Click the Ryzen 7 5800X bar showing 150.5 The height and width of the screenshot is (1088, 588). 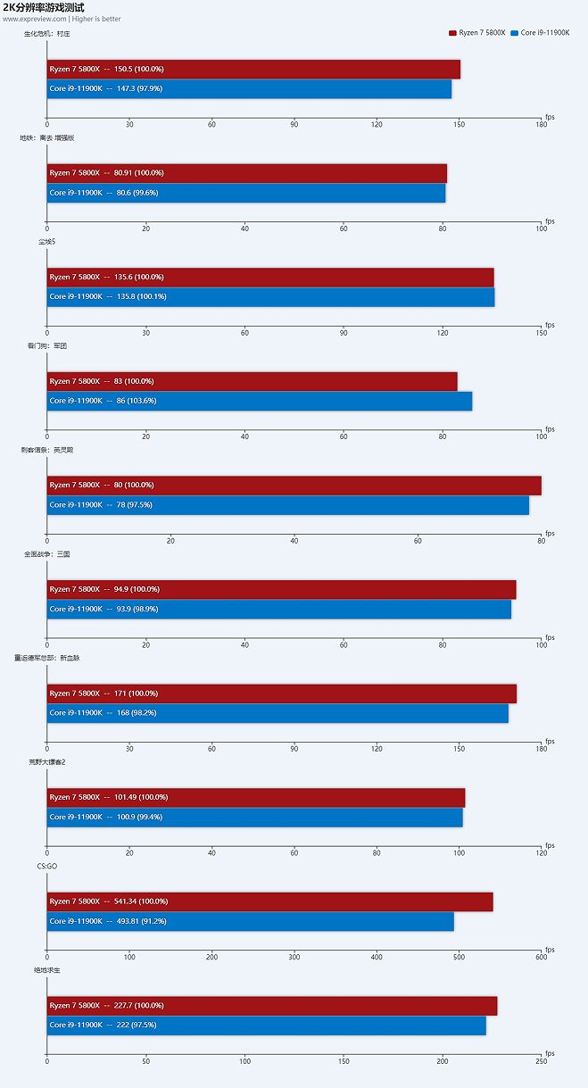click(x=253, y=70)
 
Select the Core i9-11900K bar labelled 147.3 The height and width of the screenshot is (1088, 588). click(x=249, y=89)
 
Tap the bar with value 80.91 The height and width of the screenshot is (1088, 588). click(x=246, y=173)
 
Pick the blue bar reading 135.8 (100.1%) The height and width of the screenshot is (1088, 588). click(x=270, y=297)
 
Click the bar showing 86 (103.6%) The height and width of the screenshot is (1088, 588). click(x=259, y=402)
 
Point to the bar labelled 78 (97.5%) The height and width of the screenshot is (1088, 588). click(x=287, y=505)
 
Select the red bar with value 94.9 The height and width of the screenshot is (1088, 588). click(x=281, y=589)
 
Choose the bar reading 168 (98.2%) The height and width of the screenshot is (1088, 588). click(x=277, y=713)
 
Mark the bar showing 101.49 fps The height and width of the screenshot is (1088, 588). click(x=256, y=797)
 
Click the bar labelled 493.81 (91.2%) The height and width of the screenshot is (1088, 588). click(x=250, y=921)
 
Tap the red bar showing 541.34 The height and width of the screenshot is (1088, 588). click(x=269, y=901)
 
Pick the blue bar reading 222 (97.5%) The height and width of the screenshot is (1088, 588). click(x=266, y=1026)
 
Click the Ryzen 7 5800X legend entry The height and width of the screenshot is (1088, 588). click(x=477, y=32)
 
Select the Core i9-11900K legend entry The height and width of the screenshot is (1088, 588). click(x=540, y=32)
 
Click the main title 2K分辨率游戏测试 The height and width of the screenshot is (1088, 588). click(x=44, y=7)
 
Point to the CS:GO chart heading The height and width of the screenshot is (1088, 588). click(x=35, y=866)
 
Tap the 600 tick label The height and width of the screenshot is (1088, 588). click(x=541, y=958)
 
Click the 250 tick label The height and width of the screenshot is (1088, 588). click(x=541, y=1061)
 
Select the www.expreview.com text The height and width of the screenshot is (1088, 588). click(x=35, y=19)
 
